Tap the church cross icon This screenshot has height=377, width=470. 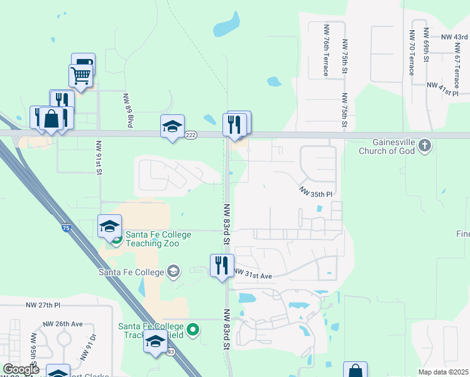coord(425,146)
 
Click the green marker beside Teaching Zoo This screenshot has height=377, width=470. coord(117,239)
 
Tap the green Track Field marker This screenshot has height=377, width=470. coord(194,329)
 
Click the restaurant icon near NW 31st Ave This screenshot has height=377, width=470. coord(222,265)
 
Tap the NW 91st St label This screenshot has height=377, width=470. coord(99,157)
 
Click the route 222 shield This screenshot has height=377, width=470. coord(192,134)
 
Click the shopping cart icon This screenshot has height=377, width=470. coord(80,75)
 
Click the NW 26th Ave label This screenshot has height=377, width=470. coord(63,324)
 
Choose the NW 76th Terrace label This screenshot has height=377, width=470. coord(326,50)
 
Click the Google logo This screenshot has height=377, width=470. coord(21,369)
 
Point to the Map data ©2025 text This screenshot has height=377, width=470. coord(443,372)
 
